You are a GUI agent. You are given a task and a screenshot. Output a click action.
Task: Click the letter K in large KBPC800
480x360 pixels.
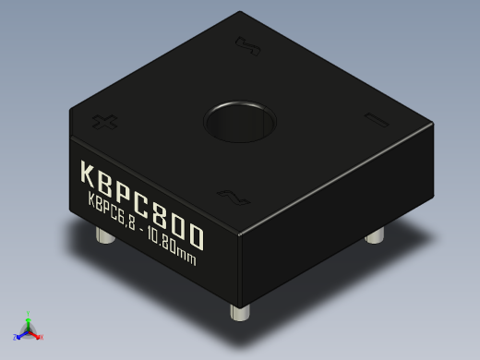pyautogui.click(x=90, y=175)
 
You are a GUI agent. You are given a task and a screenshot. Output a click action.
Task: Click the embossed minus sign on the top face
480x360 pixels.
pyautogui.click(x=375, y=120)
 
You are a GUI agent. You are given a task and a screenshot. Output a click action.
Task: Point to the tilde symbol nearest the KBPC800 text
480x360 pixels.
pyautogui.click(x=228, y=195)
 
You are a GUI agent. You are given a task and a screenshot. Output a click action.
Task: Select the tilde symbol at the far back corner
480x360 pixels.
pyautogui.click(x=245, y=43)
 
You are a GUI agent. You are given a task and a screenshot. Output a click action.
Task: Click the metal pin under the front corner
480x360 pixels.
pyautogui.click(x=242, y=313)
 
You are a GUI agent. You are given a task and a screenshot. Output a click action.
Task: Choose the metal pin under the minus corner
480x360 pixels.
pyautogui.click(x=374, y=236)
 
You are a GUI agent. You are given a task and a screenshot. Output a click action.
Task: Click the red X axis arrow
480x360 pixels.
pyautogui.click(x=38, y=337)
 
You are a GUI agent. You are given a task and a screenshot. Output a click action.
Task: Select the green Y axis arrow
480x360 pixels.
pyautogui.click(x=29, y=317)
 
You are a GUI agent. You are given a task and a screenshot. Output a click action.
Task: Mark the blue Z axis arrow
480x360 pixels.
pyautogui.click(x=19, y=334)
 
